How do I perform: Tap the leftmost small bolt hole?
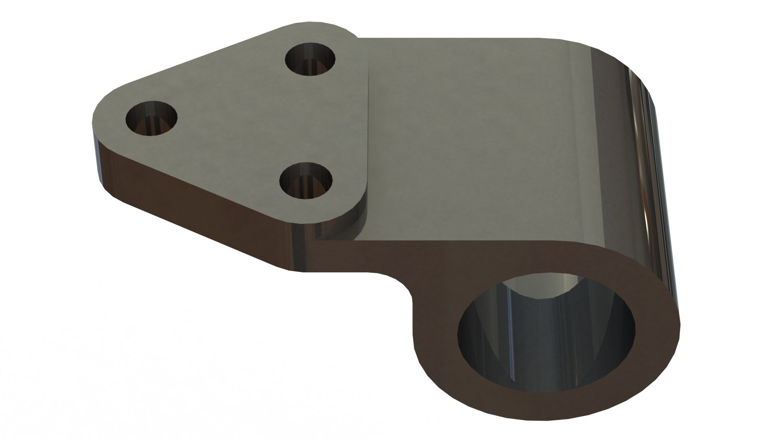[152, 119]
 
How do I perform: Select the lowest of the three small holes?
[306, 180]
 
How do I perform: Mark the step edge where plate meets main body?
[368, 122]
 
